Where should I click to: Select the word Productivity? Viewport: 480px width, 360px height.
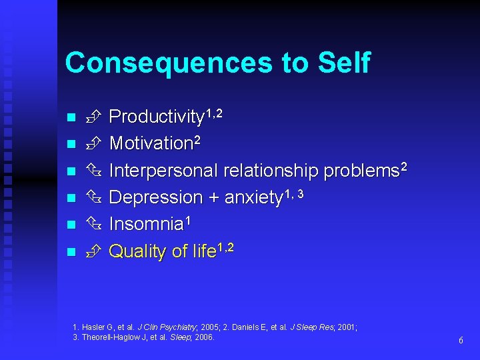pos(155,117)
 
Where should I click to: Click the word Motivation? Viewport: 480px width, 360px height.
pos(151,144)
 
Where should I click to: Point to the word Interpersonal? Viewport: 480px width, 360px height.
pos(163,171)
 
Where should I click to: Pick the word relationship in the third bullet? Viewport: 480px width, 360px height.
pos(271,171)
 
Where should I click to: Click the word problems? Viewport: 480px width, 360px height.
pos(360,171)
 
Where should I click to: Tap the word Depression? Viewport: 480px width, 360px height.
pos(155,198)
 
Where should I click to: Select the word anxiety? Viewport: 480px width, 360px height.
pos(253,198)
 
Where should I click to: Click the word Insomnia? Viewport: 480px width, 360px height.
pos(145,225)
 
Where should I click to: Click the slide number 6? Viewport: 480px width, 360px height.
pos(461,341)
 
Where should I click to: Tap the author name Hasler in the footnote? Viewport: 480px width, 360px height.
pos(92,327)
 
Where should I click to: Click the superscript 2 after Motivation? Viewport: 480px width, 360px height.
pos(197,139)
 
